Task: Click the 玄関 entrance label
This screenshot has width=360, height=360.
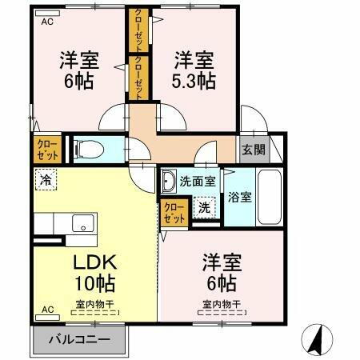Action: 253,149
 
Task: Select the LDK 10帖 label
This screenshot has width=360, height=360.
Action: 95,272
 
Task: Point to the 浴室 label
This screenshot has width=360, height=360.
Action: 240,196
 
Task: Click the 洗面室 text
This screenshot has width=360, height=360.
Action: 198,181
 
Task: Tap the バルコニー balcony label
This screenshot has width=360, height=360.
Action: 78,340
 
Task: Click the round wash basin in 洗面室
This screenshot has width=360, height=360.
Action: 169,183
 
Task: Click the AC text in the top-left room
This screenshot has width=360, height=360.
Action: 46,22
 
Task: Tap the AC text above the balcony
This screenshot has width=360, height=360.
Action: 46,309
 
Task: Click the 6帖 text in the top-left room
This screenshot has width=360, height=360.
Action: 78,81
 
